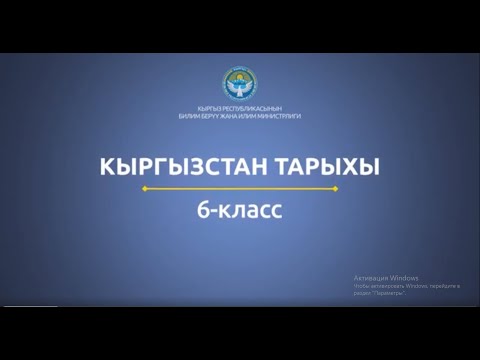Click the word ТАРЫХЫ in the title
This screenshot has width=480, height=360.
click(x=322, y=167)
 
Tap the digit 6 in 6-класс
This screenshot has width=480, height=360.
click(x=202, y=210)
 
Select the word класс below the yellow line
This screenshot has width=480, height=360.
click(x=249, y=210)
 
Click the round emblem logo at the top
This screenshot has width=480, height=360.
click(x=240, y=83)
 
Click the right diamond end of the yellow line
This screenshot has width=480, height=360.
click(x=336, y=188)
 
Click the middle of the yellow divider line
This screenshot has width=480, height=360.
click(x=240, y=188)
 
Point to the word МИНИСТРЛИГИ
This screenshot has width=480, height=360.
click(x=284, y=116)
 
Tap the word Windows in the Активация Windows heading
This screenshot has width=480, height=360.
click(x=404, y=277)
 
